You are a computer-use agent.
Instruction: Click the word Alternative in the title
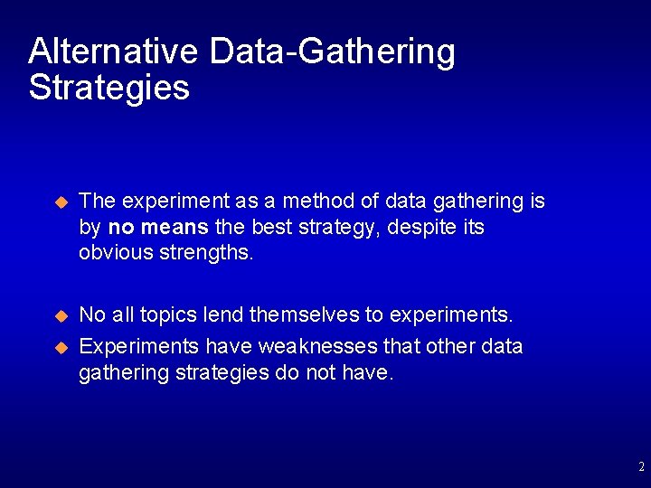112,52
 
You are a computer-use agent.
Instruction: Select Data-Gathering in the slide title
332,52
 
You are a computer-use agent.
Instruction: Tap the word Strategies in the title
108,89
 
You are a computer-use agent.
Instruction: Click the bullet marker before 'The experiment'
61,202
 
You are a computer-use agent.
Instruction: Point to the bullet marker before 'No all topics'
61,316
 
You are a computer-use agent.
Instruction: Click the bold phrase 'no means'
158,227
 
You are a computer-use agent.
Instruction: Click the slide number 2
641,467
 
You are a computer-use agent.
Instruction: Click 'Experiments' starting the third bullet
140,347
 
